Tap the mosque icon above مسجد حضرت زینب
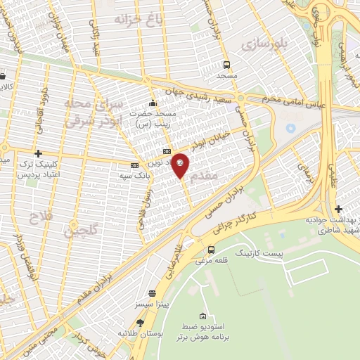pyautogui.click(x=153, y=103)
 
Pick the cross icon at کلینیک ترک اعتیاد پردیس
pyautogui.click(x=39, y=153)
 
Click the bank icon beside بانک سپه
pyautogui.click(x=134, y=165)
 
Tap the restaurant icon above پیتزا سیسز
pyautogui.click(x=152, y=293)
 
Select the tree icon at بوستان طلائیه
pyautogui.click(x=140, y=323)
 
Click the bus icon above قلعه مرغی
pyautogui.click(x=212, y=249)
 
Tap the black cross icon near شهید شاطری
pyautogui.click(x=339, y=209)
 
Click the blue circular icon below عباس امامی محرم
pyautogui.click(x=291, y=129)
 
